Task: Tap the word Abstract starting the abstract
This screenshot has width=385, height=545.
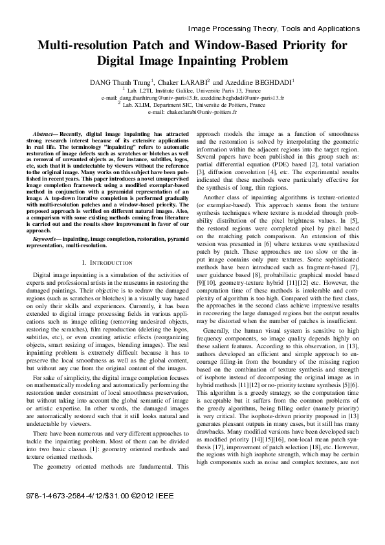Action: (45, 133)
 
